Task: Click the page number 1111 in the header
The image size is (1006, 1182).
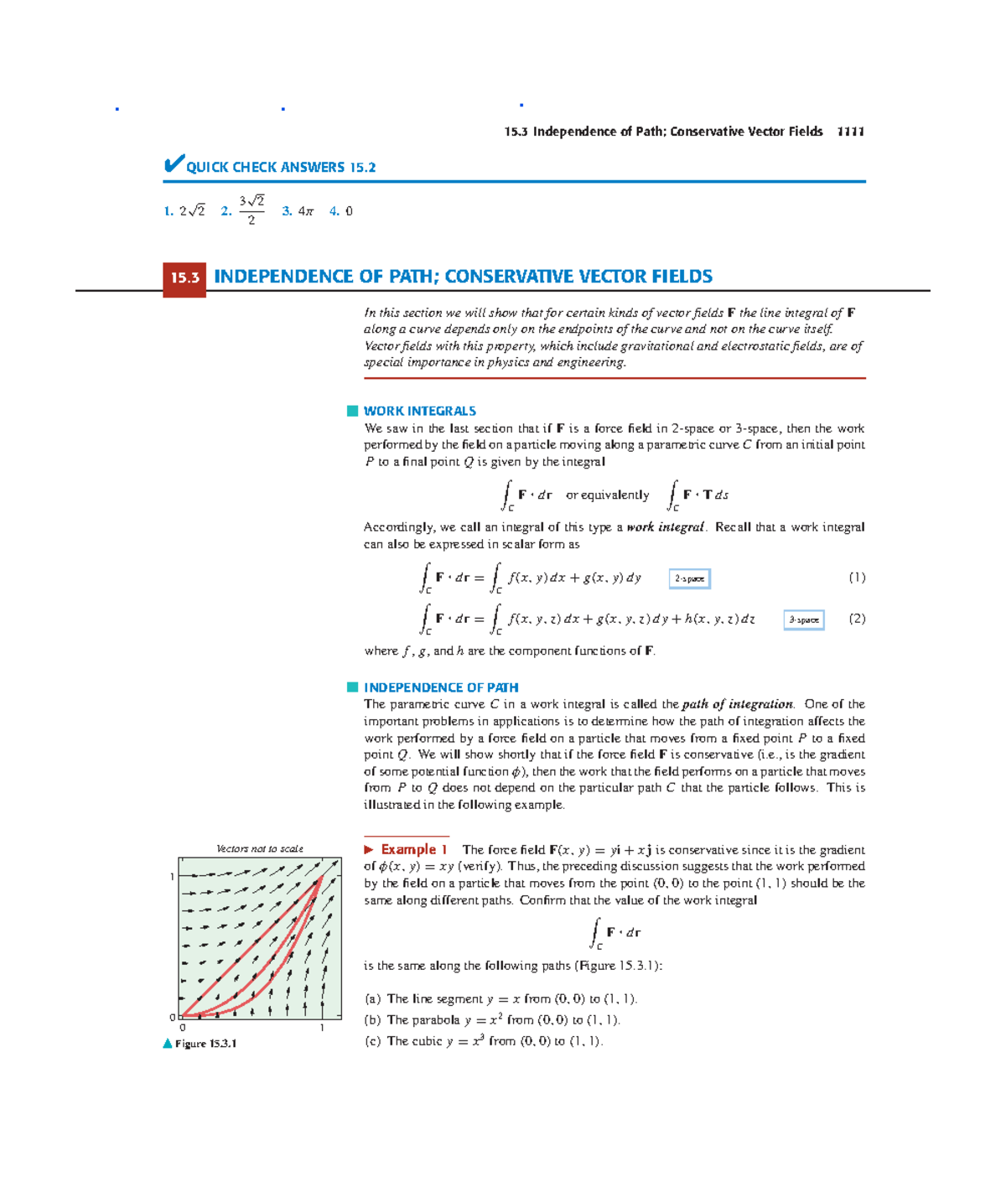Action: click(x=850, y=132)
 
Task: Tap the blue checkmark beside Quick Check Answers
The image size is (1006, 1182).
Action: click(x=174, y=163)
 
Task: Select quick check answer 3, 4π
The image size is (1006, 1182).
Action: click(x=298, y=211)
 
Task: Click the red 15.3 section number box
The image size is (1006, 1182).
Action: click(x=184, y=278)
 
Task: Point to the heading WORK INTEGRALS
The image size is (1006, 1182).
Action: click(x=419, y=411)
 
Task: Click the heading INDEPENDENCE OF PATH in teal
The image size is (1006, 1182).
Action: click(x=440, y=687)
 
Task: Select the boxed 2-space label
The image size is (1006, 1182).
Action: click(x=689, y=578)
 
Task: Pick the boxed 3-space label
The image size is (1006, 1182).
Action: click(x=803, y=620)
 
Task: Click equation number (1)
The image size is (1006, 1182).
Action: click(x=856, y=578)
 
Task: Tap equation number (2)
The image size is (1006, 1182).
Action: click(x=856, y=619)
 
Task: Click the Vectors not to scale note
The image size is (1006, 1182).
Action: click(x=260, y=848)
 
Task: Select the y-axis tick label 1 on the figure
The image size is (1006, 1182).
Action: click(x=172, y=877)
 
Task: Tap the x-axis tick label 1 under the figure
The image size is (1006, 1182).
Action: click(x=322, y=1028)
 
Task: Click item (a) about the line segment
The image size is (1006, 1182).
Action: click(x=500, y=998)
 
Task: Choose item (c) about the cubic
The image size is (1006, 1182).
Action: click(x=484, y=1041)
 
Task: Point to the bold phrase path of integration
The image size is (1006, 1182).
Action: click(x=737, y=704)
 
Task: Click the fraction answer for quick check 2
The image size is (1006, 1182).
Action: click(x=251, y=210)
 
